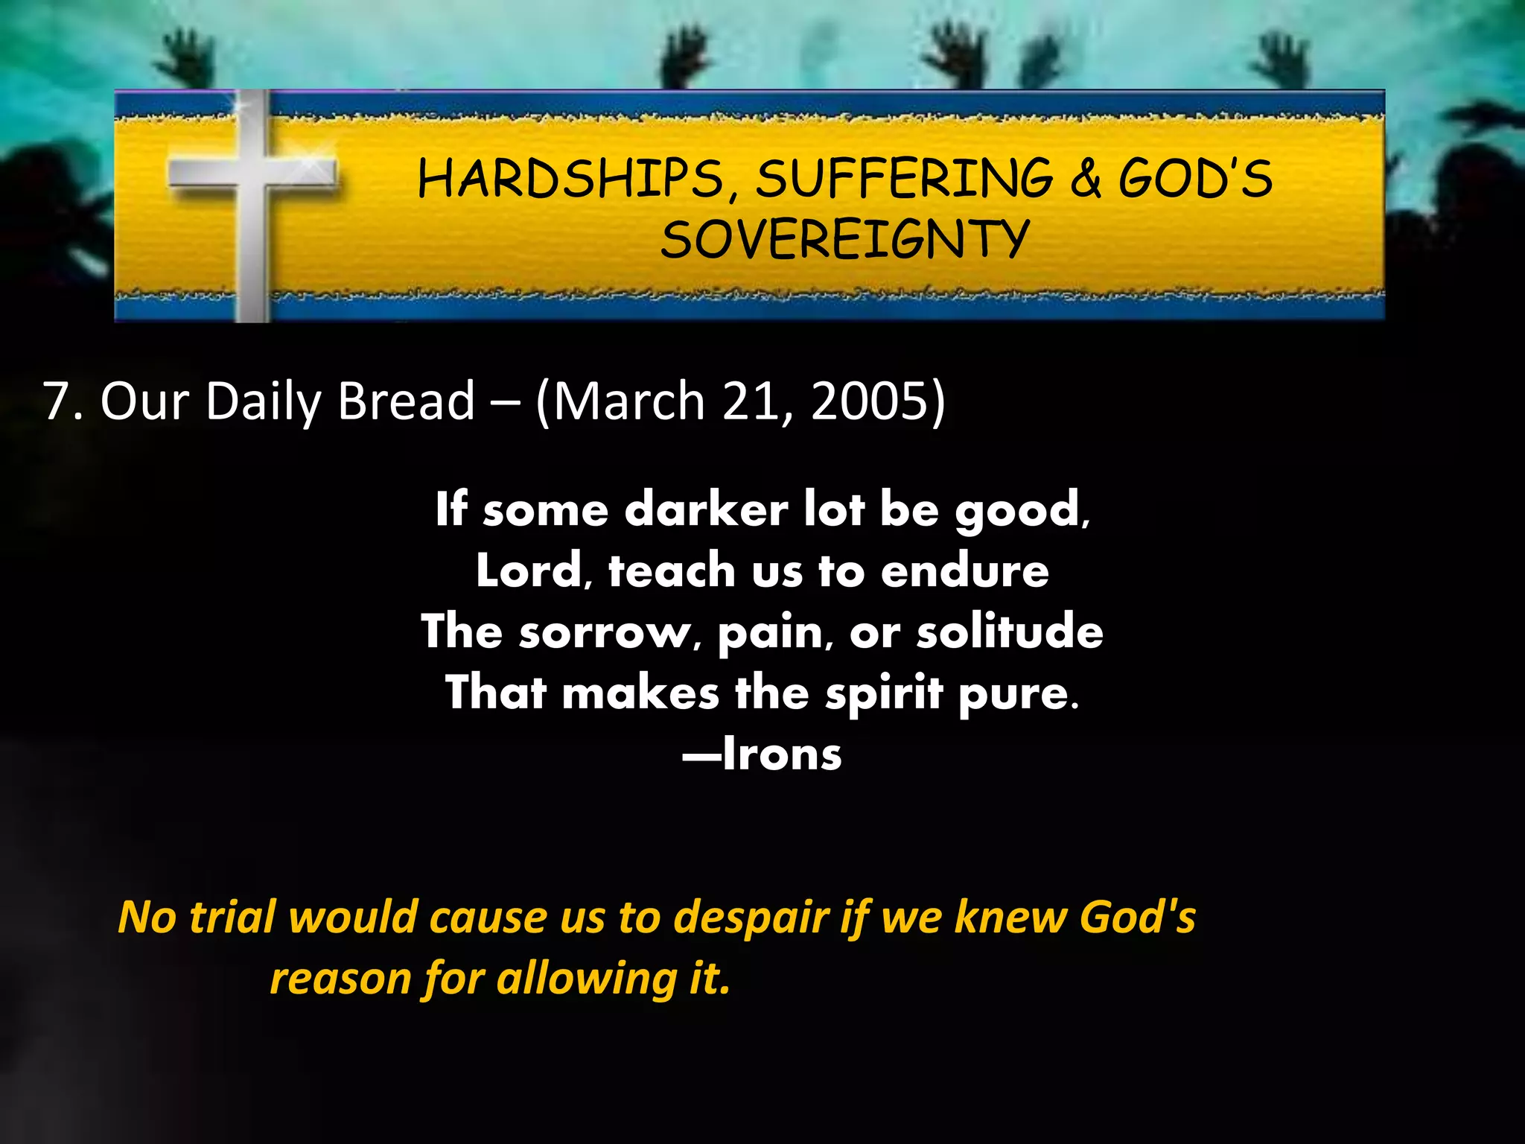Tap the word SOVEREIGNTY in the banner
click(x=844, y=240)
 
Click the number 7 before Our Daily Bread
click(x=57, y=401)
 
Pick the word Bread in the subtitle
click(x=406, y=401)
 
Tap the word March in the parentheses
click(x=629, y=401)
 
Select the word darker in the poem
click(x=706, y=511)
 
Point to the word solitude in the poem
click(x=1009, y=632)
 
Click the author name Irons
click(x=782, y=754)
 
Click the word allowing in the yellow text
click(x=587, y=979)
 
